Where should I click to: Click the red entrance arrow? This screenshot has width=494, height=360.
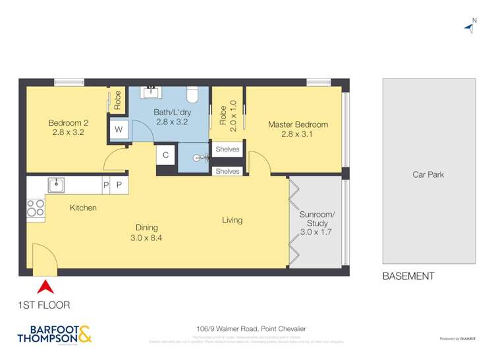point(45,287)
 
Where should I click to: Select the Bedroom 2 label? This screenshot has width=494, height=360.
point(68,128)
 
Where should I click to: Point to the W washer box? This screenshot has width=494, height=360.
point(119,130)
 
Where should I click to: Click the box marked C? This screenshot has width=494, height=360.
point(166,155)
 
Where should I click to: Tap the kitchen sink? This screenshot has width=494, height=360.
point(57,185)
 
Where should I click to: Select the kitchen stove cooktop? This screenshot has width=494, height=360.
point(36,209)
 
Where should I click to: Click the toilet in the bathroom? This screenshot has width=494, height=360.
point(192,96)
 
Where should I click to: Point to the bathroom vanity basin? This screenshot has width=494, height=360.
point(151,93)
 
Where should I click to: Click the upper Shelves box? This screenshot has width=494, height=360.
point(227,150)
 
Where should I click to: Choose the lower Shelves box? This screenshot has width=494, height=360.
point(227,171)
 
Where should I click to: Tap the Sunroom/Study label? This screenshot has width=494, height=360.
point(317,223)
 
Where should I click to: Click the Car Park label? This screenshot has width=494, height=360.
point(428,175)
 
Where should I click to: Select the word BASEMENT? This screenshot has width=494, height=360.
point(408,276)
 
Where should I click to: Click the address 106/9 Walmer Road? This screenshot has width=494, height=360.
point(247,329)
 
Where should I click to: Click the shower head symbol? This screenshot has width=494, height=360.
point(202,158)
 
